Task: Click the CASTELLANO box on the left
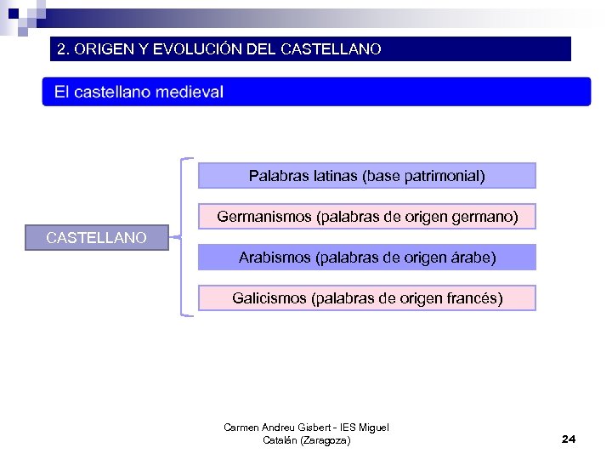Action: (96, 238)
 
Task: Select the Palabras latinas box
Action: (367, 176)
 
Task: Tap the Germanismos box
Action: (367, 217)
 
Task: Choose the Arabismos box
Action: (367, 258)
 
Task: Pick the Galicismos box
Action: (367, 298)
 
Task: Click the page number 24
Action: (569, 439)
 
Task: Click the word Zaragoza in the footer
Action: (322, 440)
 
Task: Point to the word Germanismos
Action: (263, 217)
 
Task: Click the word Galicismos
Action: (269, 298)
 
